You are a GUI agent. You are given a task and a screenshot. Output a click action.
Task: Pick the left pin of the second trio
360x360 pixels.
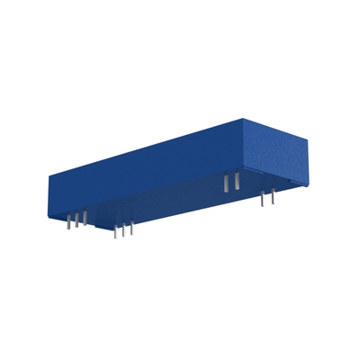point(115,231)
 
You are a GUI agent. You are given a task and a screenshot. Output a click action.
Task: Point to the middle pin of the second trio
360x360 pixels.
point(124,229)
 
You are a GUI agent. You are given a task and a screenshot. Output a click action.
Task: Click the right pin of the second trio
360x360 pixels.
point(132,229)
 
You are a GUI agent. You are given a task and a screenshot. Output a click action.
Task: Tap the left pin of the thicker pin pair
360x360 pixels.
point(226,183)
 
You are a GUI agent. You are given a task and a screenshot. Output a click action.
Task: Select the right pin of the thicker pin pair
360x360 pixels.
point(237,181)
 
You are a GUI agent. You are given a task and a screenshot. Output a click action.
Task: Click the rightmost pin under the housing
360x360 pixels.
point(272,197)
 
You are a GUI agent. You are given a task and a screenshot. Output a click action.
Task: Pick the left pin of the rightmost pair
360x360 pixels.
point(262,199)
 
